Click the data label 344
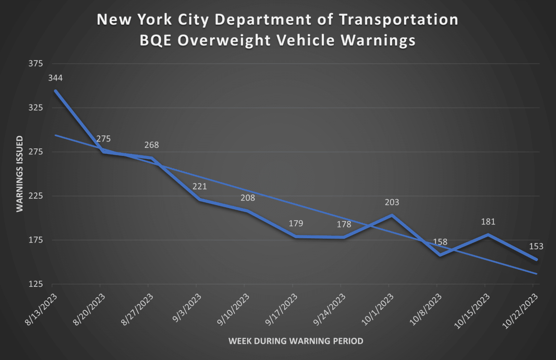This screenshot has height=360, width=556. pos(55,78)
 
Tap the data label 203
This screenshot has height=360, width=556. pos(392,202)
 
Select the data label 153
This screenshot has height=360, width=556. pos(536,246)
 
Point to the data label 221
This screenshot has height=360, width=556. pos(199,187)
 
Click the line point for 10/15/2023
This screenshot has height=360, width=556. pos(488,235)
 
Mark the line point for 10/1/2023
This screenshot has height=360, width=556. pos(392,215)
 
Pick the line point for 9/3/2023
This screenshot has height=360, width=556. pos(199,200)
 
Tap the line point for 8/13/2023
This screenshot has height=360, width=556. pos(55,91)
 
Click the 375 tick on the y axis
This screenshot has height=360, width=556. pos(35,64)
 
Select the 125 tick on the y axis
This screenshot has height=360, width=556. pos(35,284)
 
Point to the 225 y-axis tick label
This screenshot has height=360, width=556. pos(35,196)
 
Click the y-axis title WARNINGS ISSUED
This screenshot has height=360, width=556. pos(20,174)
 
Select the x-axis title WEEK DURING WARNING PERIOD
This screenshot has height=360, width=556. pos(296,341)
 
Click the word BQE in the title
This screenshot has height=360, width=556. pos(156,40)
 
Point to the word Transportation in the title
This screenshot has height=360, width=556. pos(399,20)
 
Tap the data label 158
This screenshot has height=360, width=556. pos(440,242)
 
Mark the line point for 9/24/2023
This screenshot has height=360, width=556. pos(344,238)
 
